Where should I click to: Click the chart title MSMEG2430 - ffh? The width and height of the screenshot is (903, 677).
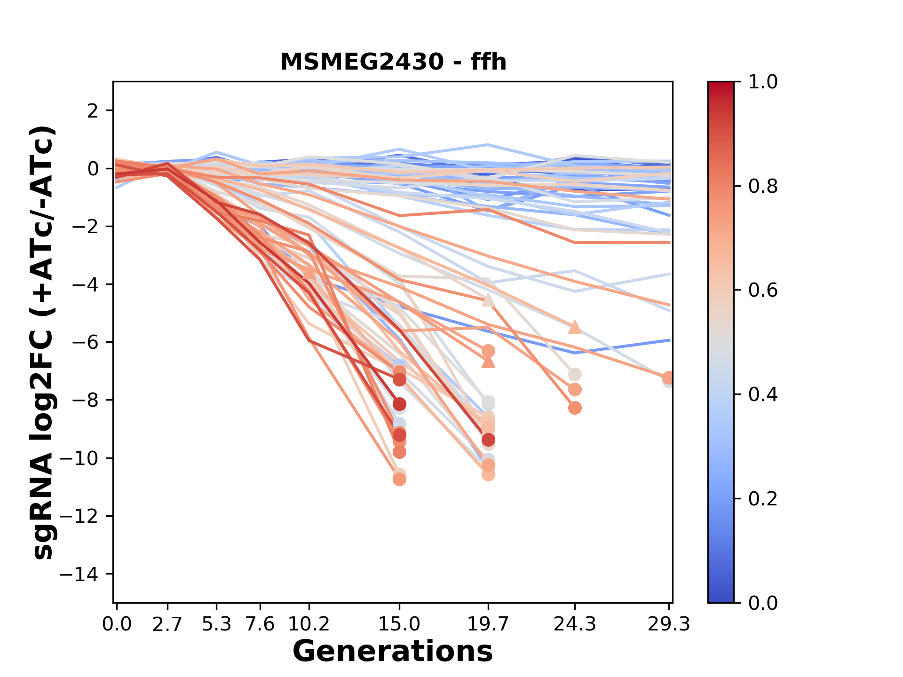tap(393, 62)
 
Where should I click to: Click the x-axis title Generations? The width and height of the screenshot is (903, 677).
tap(393, 652)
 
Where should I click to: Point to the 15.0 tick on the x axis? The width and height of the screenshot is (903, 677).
tap(399, 624)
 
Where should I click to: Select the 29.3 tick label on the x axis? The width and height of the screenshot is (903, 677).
tap(668, 624)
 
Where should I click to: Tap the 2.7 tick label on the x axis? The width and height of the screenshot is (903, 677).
tap(167, 624)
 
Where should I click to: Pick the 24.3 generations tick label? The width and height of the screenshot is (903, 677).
tap(574, 624)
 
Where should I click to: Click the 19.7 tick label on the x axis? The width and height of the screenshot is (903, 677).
tap(488, 624)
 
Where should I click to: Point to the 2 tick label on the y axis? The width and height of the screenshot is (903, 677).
tap(93, 110)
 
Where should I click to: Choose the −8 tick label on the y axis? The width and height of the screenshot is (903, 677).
tap(84, 400)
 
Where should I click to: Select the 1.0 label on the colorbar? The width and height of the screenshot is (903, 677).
tap(763, 82)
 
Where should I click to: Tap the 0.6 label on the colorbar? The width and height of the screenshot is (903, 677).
tap(763, 291)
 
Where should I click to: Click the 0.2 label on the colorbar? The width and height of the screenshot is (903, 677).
tap(763, 499)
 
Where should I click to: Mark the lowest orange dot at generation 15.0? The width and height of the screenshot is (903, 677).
tap(399, 479)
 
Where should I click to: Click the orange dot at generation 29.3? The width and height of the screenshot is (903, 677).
tap(668, 378)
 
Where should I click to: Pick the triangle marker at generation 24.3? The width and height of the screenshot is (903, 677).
tap(575, 327)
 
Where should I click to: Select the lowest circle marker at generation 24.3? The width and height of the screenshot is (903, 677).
tap(575, 408)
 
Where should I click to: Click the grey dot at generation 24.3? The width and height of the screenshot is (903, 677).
tap(575, 375)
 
